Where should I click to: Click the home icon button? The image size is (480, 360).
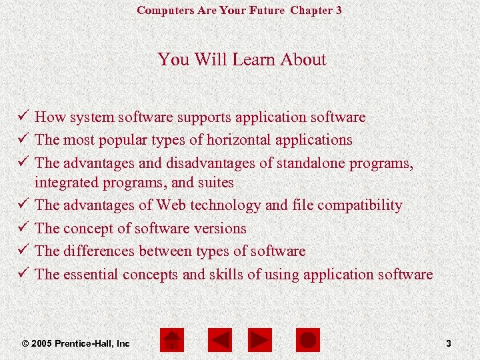[x=173, y=341]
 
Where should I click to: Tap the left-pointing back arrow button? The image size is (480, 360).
[x=219, y=341]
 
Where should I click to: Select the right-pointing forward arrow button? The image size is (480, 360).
[x=260, y=341]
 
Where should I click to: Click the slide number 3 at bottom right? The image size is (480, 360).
[x=449, y=343]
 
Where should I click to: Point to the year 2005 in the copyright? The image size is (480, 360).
[x=41, y=343]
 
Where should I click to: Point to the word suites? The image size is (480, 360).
[x=215, y=182]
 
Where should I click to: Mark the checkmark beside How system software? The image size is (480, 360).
[x=25, y=117]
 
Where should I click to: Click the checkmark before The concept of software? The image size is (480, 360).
[x=25, y=228]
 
